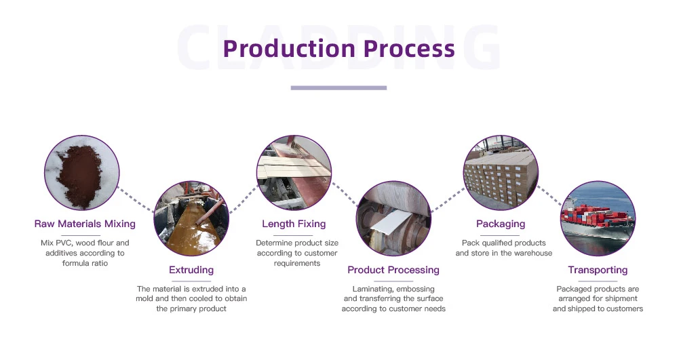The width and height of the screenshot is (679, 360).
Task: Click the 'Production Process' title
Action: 338,49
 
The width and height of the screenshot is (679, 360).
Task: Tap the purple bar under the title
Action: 338,87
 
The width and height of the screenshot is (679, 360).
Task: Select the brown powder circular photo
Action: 81,173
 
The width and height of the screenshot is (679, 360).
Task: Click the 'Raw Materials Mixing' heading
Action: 85,224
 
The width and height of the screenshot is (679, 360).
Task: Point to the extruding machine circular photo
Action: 191,218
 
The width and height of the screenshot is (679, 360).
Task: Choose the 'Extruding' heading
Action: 191,270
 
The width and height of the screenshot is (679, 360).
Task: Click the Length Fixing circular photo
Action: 294,172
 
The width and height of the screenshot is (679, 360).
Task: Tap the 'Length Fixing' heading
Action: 294,224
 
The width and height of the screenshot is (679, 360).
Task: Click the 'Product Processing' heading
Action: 393,270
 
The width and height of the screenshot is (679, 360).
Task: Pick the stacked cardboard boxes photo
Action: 501,172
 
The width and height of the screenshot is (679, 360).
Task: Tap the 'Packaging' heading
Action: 501,224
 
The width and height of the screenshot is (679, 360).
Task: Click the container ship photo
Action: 598,218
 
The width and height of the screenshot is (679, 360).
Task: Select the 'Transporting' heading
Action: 598,270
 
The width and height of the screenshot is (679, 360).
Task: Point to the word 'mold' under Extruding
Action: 152,299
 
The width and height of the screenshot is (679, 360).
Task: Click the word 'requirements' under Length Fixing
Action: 296,263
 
